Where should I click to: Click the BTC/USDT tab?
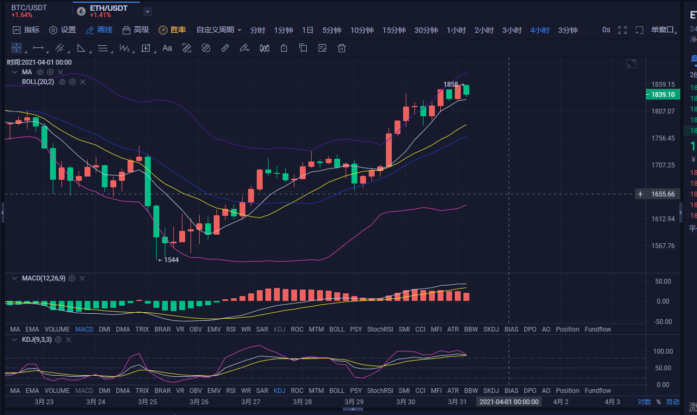click(x=29, y=8)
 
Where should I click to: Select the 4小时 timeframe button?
click(x=539, y=30)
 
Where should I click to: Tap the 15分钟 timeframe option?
click(x=394, y=30)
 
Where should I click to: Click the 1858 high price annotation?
click(x=451, y=85)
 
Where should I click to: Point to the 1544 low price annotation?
click(x=171, y=259)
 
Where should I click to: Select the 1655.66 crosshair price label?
click(x=663, y=194)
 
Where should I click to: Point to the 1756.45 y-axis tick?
click(x=663, y=138)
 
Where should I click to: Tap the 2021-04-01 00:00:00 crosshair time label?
click(x=509, y=402)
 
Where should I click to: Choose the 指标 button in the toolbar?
click(x=26, y=30)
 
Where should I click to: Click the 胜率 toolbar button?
click(x=172, y=30)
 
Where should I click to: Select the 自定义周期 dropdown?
click(x=219, y=30)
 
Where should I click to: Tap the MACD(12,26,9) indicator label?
click(x=43, y=278)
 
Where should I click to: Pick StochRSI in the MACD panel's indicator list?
click(x=380, y=329)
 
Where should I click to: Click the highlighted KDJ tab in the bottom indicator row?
click(x=279, y=390)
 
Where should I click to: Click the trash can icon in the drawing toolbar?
click(x=341, y=48)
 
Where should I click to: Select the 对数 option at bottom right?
click(x=644, y=402)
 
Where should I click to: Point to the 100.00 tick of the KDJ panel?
click(x=663, y=351)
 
